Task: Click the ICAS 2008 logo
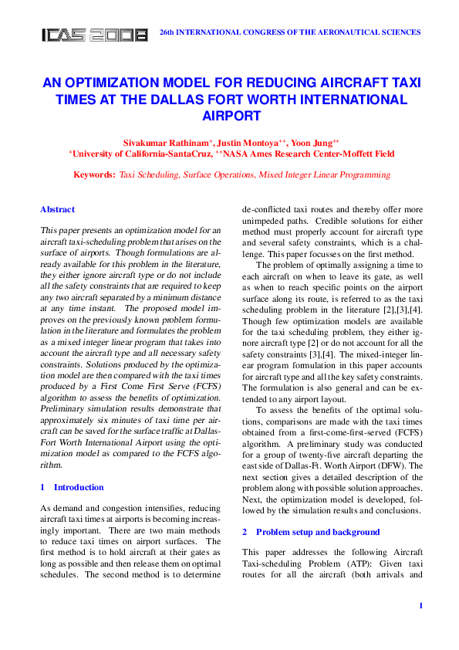(x=94, y=35)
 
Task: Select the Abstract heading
(x=57, y=209)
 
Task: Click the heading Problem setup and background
(x=317, y=532)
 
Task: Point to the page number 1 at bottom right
(x=420, y=605)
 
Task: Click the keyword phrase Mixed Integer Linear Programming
(x=326, y=175)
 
